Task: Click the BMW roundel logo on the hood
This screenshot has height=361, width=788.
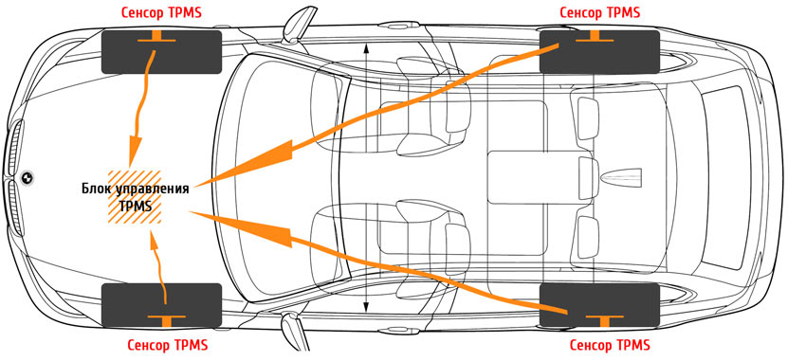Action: tap(27, 178)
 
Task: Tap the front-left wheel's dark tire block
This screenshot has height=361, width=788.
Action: tap(161, 52)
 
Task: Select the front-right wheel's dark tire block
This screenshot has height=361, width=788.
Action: tap(161, 305)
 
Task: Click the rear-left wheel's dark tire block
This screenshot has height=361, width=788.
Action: tap(599, 51)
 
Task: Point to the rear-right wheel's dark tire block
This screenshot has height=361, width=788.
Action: tap(599, 305)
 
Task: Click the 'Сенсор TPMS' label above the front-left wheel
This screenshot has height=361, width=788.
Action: tap(161, 13)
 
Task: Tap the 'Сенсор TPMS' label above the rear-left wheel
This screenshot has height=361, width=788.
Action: tap(600, 12)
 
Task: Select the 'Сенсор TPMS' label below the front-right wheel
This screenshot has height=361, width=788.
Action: tap(167, 346)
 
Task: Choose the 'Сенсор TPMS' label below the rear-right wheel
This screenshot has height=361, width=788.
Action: tap(610, 346)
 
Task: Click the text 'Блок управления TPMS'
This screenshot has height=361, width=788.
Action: tap(136, 197)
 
